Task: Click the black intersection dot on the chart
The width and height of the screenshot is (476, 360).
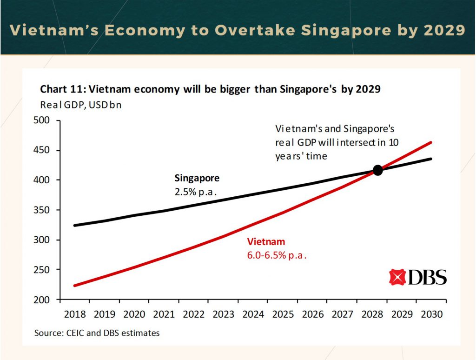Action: tap(377, 170)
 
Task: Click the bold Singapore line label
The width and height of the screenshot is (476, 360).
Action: tap(197, 178)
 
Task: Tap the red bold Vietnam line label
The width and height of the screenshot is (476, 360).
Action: tap(266, 242)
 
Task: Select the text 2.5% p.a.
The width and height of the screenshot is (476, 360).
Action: tap(196, 191)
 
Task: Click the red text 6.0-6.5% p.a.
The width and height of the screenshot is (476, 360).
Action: tap(277, 255)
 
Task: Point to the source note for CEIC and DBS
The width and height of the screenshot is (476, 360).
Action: tap(97, 333)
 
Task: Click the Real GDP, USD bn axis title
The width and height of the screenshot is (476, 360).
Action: tap(80, 104)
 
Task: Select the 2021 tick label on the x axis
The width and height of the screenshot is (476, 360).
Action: tap(164, 314)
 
